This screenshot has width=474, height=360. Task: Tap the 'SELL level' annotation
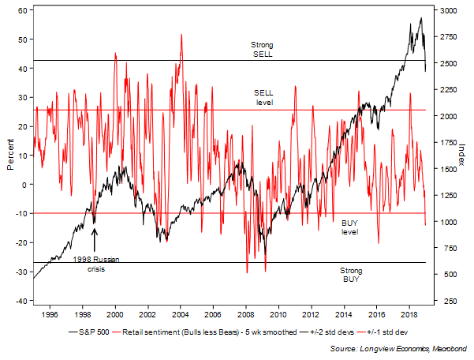coord(263,97)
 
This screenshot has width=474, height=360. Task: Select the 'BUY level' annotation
coord(349,227)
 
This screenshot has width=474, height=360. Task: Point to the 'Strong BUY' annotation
coord(349,275)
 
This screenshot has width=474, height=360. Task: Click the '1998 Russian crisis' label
coord(95,263)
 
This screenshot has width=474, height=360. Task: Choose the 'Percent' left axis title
coord(9,156)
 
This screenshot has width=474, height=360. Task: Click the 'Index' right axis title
coord(461,155)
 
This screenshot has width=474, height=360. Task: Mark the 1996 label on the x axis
coord(50,312)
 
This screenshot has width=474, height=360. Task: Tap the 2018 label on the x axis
coord(408,312)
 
